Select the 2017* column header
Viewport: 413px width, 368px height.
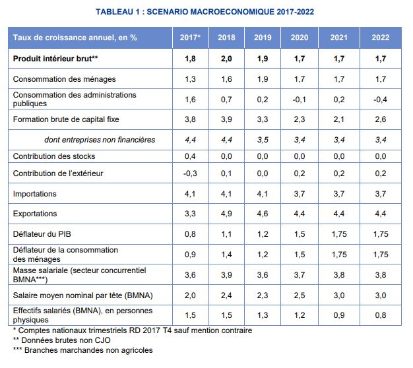pyautogui.click(x=191, y=38)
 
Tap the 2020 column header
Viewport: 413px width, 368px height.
pyautogui.click(x=300, y=38)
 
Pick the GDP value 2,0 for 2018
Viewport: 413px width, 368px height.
pyautogui.click(x=226, y=59)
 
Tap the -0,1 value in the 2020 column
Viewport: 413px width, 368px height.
pyautogui.click(x=300, y=100)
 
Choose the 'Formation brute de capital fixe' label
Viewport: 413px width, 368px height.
pyautogui.click(x=66, y=119)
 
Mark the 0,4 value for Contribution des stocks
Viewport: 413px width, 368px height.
pyautogui.click(x=191, y=156)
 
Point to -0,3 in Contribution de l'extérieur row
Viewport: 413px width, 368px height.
pyautogui.click(x=191, y=173)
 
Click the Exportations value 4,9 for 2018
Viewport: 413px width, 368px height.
pyautogui.click(x=226, y=214)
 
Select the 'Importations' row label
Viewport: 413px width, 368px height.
pyautogui.click(x=35, y=194)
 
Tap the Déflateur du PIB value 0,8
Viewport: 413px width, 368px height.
pyautogui.click(x=191, y=234)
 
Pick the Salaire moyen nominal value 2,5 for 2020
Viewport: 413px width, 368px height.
pyautogui.click(x=300, y=295)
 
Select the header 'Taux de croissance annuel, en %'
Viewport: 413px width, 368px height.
pyautogui.click(x=75, y=38)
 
